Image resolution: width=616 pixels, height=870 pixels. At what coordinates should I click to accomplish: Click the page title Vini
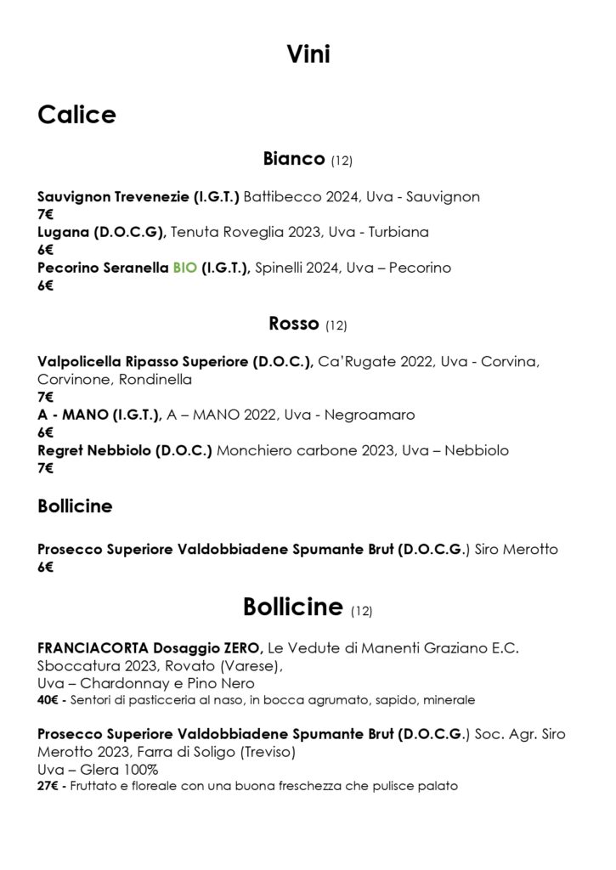[x=308, y=55]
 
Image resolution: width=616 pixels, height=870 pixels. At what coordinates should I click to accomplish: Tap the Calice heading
[x=76, y=115]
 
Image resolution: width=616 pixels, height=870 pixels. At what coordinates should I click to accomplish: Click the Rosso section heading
[x=293, y=323]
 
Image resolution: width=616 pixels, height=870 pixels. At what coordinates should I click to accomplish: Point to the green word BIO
[x=184, y=268]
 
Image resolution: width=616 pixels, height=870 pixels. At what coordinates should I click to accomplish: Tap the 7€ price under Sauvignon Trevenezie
[x=45, y=214]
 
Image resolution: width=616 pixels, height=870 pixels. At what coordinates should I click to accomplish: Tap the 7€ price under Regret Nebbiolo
[x=45, y=468]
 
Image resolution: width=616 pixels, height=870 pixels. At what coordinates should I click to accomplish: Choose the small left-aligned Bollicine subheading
[x=75, y=506]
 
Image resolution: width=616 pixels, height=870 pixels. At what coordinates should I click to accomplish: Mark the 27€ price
[x=49, y=787]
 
